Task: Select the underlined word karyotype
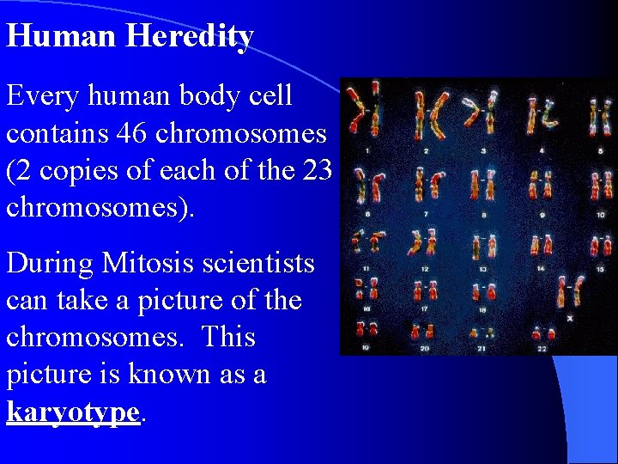72,412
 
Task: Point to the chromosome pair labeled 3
480,114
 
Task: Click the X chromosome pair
569,293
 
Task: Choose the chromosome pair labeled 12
424,244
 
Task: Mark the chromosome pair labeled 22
542,332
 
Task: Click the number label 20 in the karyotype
424,349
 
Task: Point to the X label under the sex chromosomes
569,317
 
